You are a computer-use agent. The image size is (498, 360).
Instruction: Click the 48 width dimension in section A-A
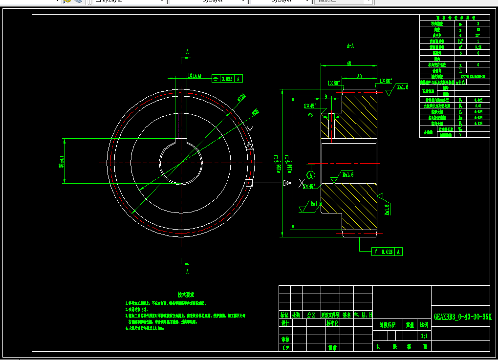[349, 64]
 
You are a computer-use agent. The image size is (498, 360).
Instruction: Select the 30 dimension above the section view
[359, 76]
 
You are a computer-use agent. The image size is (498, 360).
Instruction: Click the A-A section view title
[350, 46]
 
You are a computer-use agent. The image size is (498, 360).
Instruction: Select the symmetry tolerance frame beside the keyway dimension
[227, 78]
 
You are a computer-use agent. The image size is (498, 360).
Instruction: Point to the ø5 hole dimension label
[310, 115]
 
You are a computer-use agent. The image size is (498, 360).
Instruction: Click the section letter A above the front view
[187, 52]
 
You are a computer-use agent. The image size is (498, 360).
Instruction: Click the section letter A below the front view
[187, 271]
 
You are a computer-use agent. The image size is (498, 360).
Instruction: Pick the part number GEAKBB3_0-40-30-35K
[462, 316]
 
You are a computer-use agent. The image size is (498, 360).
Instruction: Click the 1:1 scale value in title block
[424, 336]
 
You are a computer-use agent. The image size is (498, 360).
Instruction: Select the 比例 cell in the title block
[424, 324]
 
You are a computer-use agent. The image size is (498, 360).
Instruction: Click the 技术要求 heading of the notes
[186, 295]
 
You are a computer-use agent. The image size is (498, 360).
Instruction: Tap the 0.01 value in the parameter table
[478, 106]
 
